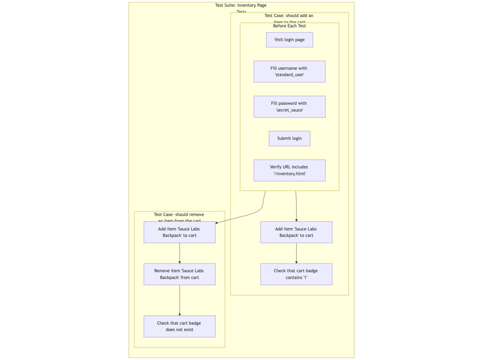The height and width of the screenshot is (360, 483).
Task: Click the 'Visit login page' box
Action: [x=289, y=40]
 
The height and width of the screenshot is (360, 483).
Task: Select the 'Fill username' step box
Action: [x=289, y=72]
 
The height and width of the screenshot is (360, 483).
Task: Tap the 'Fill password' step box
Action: [x=289, y=107]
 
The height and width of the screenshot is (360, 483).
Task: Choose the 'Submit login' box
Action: [x=289, y=138]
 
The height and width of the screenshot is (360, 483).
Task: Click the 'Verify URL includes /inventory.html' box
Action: [x=289, y=170]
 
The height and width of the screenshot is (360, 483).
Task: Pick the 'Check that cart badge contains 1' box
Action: [x=296, y=274]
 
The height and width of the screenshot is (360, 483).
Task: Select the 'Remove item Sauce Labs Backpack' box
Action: [x=179, y=274]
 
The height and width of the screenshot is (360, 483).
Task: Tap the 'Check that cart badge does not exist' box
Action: [x=179, y=326]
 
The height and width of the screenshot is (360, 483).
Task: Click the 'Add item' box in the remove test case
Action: [x=179, y=232]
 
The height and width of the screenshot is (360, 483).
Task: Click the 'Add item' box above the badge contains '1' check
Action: [x=296, y=232]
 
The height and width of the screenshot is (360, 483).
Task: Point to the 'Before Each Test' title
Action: [x=289, y=26]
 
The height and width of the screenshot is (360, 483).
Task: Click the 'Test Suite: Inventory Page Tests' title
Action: [x=241, y=6]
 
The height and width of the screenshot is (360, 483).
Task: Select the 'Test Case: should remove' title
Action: [x=179, y=215]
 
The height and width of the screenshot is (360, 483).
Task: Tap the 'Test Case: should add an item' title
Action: [x=289, y=16]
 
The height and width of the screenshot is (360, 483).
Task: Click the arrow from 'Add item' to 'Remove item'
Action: [x=179, y=253]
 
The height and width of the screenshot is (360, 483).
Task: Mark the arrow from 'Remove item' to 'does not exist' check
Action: [x=179, y=300]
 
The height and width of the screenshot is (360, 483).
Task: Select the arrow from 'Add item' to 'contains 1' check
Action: [x=296, y=253]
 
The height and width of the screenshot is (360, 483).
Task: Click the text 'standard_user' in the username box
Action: [x=289, y=75]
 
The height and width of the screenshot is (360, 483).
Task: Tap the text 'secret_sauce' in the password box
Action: [x=289, y=111]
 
